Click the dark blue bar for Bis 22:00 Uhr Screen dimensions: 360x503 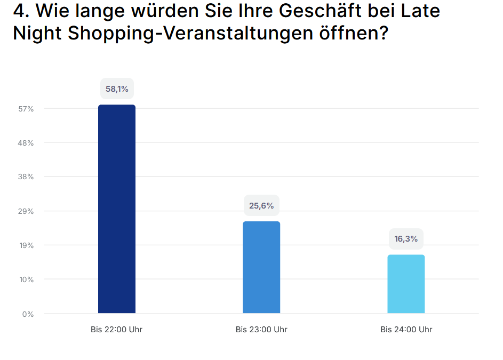click(117, 209)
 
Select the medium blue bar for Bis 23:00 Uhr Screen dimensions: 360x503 click(261, 267)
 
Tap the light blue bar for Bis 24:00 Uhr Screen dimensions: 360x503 click(406, 284)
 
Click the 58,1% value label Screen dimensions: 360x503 click(117, 89)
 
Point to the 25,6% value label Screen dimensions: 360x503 click(261, 205)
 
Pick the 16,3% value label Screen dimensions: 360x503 click(406, 239)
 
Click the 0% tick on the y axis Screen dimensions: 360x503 click(28, 314)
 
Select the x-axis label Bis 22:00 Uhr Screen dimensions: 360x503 click(117, 330)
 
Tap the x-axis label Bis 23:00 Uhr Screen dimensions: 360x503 click(261, 330)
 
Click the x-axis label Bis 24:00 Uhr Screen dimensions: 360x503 click(406, 330)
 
